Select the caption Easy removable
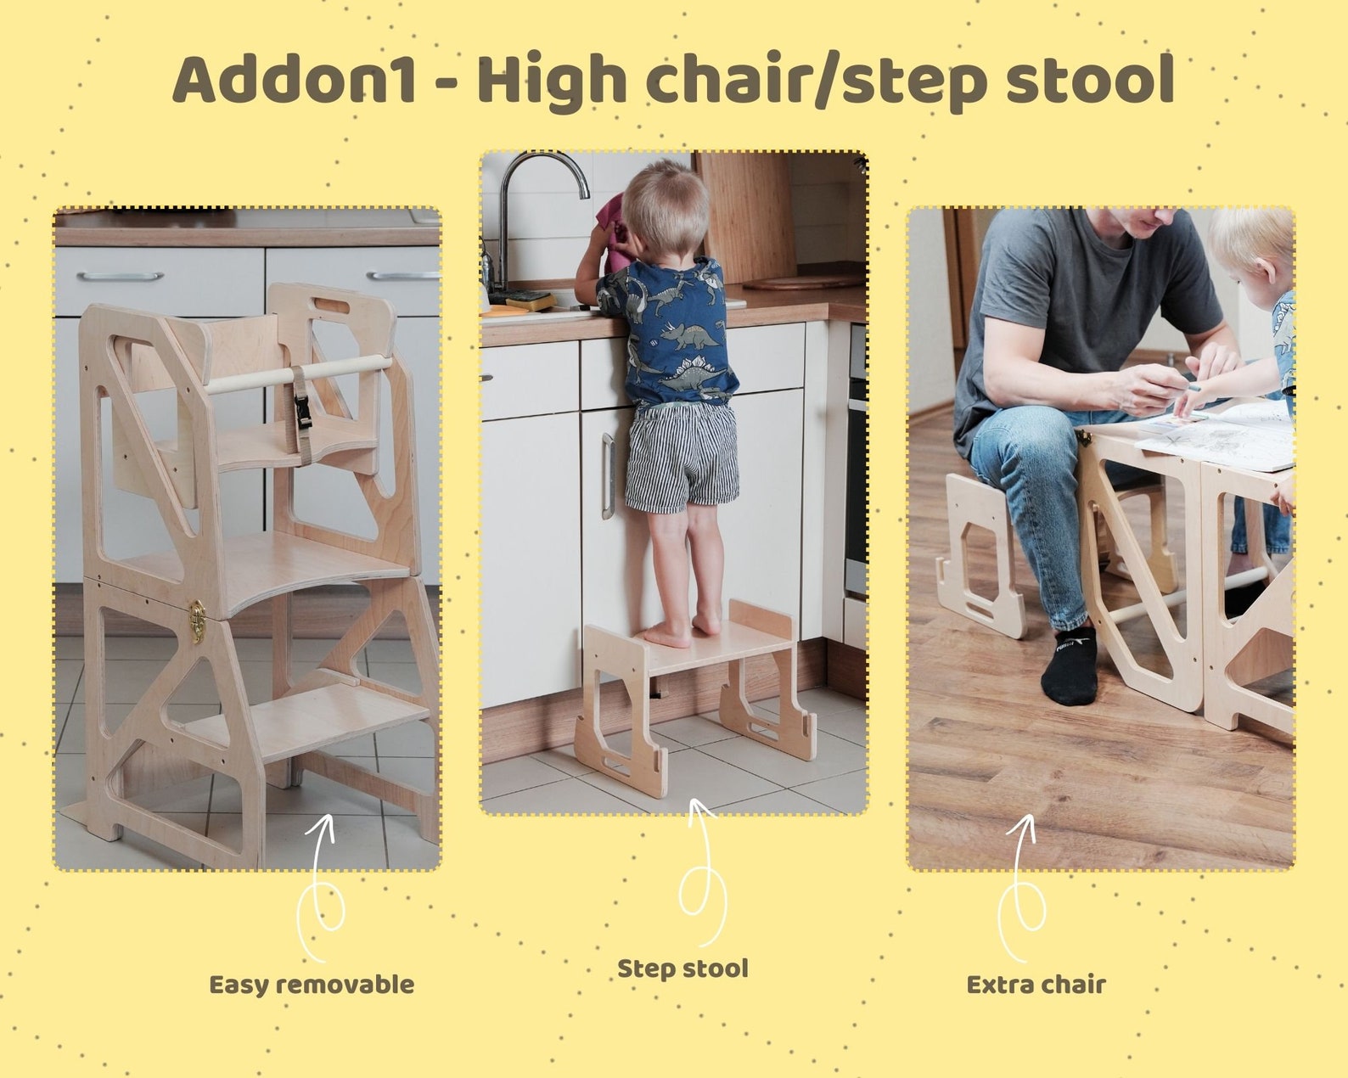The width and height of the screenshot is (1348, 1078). pyautogui.click(x=312, y=985)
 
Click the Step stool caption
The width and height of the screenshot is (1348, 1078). pyautogui.click(x=682, y=969)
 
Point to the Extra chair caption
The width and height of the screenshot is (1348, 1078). pyautogui.click(x=1036, y=985)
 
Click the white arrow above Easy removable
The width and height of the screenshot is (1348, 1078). pyautogui.click(x=323, y=883)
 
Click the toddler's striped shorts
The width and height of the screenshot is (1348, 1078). pyautogui.click(x=682, y=459)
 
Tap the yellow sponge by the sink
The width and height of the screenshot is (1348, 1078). pyautogui.click(x=531, y=300)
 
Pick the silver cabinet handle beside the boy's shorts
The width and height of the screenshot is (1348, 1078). pyautogui.click(x=608, y=475)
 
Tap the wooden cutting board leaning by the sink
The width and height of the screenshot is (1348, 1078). pyautogui.click(x=747, y=216)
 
